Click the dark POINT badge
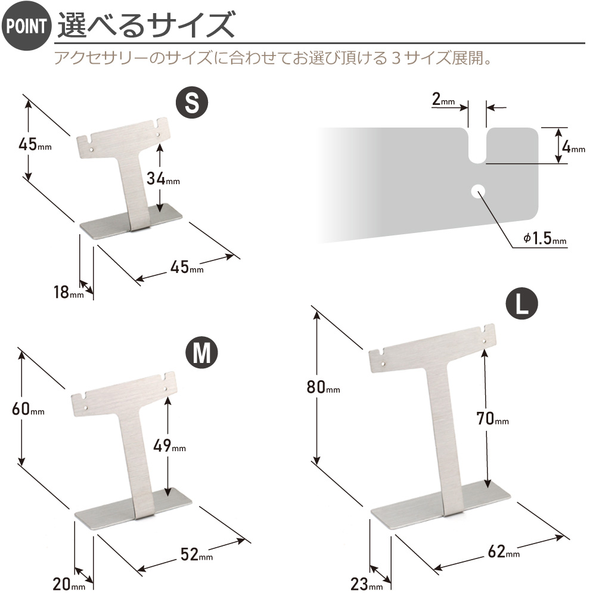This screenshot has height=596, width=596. (26, 26)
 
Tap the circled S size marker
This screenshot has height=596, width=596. (192, 103)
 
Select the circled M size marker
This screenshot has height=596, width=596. (202, 352)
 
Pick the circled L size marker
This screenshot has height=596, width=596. (522, 303)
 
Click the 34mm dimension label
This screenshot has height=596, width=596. (163, 178)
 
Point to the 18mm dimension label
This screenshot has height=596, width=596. (69, 292)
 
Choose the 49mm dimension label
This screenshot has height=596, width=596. (169, 445)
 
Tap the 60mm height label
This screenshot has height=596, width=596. (28, 409)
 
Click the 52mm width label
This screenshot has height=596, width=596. (197, 554)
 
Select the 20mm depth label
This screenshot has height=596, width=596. (69, 584)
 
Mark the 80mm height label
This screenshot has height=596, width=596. (323, 387)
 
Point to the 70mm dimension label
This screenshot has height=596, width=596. (493, 418)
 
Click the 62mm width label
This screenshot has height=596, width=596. (504, 551)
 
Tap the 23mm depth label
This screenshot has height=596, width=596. (367, 584)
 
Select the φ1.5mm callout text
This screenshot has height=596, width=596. (545, 238)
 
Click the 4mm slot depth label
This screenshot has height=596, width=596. (573, 147)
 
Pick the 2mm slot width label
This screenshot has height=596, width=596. (443, 99)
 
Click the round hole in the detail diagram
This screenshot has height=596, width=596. (478, 191)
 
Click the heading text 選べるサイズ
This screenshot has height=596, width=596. (147, 24)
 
